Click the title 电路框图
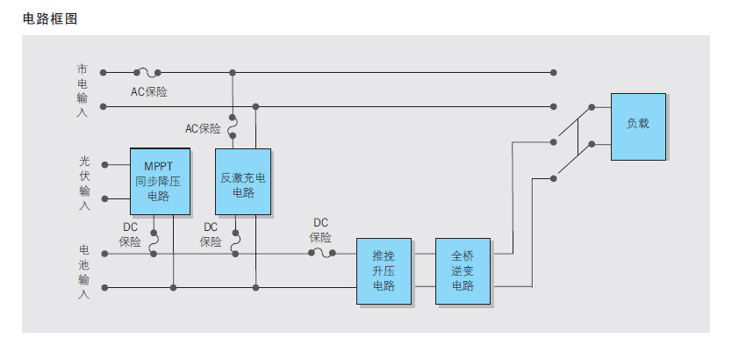(x=50, y=19)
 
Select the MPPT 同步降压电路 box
(x=161, y=182)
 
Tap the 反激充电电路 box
(x=242, y=182)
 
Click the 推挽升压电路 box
(x=384, y=270)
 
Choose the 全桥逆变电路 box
(x=463, y=270)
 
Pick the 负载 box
(x=638, y=126)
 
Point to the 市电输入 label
(x=83, y=90)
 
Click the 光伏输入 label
(x=84, y=183)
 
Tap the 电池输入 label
(x=83, y=270)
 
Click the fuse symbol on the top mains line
(x=146, y=72)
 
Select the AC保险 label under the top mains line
(x=149, y=91)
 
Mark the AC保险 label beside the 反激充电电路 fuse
(x=203, y=128)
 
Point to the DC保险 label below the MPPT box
(x=130, y=234)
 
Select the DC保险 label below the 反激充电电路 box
(x=211, y=234)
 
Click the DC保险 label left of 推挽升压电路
(x=320, y=230)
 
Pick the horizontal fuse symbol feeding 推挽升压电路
(x=322, y=254)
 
